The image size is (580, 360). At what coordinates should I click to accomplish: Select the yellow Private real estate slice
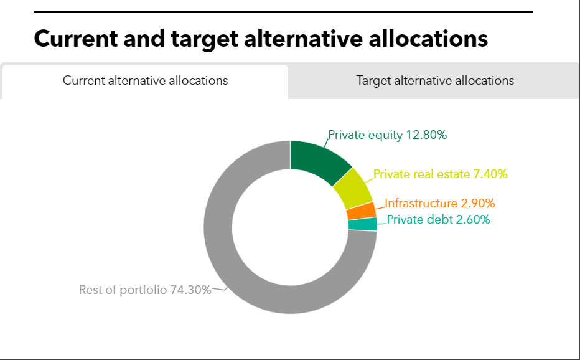(352, 187)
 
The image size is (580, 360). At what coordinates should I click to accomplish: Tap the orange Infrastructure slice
(361, 211)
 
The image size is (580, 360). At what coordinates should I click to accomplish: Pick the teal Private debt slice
(363, 224)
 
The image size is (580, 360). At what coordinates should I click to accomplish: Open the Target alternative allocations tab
(435, 81)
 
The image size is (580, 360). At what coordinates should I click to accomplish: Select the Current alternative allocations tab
(145, 81)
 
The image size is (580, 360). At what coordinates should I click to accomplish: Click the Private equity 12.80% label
(387, 135)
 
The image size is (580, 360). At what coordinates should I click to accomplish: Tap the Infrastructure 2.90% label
(439, 203)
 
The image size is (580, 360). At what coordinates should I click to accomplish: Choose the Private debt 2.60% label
(438, 219)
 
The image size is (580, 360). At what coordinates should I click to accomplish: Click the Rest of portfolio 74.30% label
(144, 290)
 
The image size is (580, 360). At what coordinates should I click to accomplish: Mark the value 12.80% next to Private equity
(426, 135)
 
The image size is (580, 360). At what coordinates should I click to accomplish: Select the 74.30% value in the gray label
(190, 290)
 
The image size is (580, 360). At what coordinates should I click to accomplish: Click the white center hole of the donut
(290, 227)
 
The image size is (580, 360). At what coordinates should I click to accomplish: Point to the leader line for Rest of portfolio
(220, 289)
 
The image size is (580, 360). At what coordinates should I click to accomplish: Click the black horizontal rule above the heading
(283, 12)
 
